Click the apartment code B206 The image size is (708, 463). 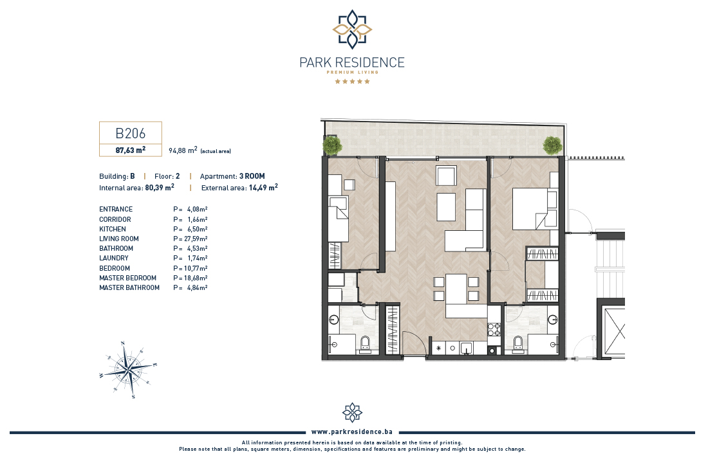[131, 133]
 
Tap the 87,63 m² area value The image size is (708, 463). [131, 150]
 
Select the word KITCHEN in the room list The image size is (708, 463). [113, 229]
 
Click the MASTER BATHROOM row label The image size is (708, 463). [129, 287]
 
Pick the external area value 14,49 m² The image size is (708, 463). [263, 187]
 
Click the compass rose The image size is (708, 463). [129, 370]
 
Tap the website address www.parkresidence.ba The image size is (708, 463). [351, 432]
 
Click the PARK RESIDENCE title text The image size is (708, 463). [352, 62]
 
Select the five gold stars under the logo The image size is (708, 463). [352, 81]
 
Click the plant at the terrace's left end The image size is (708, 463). [332, 145]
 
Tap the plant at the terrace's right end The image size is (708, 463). [552, 145]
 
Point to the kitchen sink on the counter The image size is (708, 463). [467, 348]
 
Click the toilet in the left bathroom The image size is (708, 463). [366, 344]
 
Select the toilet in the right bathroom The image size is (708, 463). [518, 343]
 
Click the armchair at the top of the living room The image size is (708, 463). [447, 175]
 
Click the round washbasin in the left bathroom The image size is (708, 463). [333, 320]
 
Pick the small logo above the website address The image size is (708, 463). [352, 412]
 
